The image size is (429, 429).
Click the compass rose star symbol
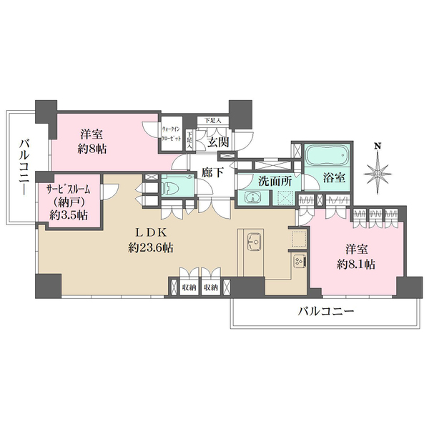point(378,172)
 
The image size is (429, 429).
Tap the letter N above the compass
point(378,147)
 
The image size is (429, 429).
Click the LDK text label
point(153,233)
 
